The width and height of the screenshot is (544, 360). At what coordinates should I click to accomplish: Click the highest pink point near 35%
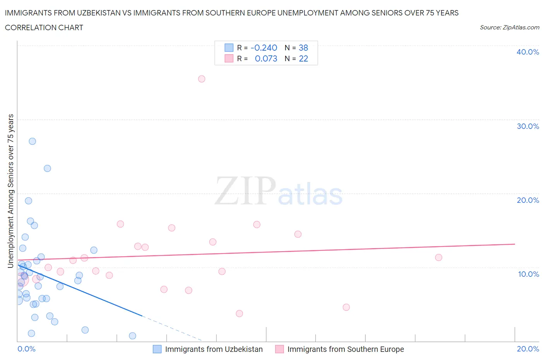pyautogui.click(x=202, y=79)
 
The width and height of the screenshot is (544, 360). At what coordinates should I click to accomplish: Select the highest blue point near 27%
pyautogui.click(x=33, y=141)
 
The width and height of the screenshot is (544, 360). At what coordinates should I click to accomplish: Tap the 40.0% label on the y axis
pyautogui.click(x=527, y=52)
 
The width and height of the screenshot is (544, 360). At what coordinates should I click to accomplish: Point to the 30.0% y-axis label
pyautogui.click(x=527, y=126)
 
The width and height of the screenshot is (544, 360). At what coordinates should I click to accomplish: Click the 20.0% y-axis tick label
pyautogui.click(x=527, y=200)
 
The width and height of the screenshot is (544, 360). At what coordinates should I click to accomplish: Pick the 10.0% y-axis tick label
pyautogui.click(x=528, y=274)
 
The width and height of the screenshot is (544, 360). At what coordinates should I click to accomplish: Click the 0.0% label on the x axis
pyautogui.click(x=26, y=349)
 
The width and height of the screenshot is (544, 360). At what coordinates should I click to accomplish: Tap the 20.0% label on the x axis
pyautogui.click(x=528, y=349)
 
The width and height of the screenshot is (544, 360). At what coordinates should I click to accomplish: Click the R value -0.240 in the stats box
pyautogui.click(x=264, y=48)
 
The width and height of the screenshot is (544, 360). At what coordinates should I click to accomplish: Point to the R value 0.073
pyautogui.click(x=266, y=58)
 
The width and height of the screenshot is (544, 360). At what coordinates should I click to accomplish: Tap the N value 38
pyautogui.click(x=303, y=48)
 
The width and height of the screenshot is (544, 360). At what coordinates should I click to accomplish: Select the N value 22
pyautogui.click(x=303, y=58)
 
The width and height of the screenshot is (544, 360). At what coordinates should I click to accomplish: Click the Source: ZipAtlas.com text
pyautogui.click(x=509, y=27)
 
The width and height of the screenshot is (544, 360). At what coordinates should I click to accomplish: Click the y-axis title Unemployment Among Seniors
pyautogui.click(x=10, y=191)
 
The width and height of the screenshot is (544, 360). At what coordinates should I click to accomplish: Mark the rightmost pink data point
pyautogui.click(x=438, y=257)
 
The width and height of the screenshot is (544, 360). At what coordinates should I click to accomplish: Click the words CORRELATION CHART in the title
pyautogui.click(x=44, y=27)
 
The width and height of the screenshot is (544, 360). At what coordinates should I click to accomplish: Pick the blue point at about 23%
pyautogui.click(x=47, y=168)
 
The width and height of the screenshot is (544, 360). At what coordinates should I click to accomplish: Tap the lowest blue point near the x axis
pyautogui.click(x=132, y=336)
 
